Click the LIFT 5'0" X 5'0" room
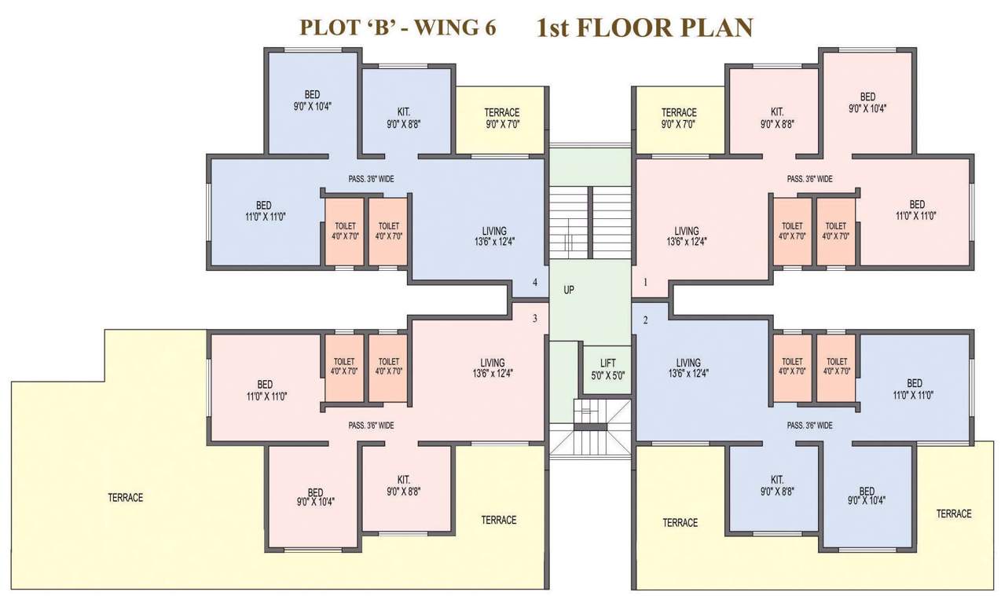[607, 369]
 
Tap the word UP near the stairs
[569, 290]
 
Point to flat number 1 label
[646, 282]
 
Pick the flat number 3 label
[535, 318]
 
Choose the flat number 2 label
[646, 320]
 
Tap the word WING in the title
[444, 28]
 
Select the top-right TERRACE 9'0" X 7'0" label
[679, 118]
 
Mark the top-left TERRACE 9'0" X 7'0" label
[502, 118]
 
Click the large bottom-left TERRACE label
[126, 498]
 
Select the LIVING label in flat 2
[687, 367]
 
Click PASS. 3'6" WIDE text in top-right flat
[809, 179]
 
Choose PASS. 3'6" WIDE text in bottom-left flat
[371, 426]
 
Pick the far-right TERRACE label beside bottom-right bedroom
[954, 513]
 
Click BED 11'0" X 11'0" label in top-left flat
[264, 210]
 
